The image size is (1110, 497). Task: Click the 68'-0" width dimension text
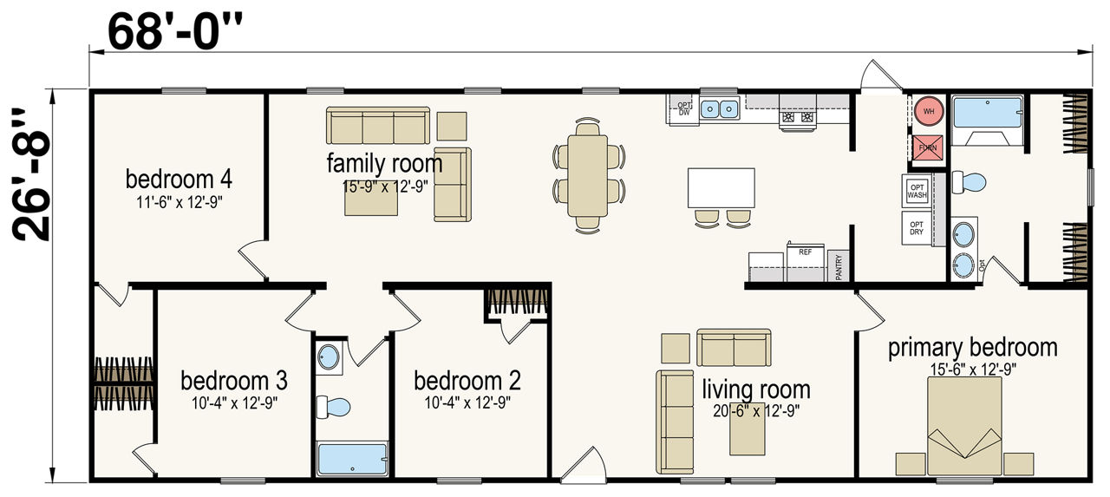tap(175, 31)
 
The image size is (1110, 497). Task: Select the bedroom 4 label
tap(179, 180)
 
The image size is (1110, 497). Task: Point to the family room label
tap(384, 164)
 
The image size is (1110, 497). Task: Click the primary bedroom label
tap(973, 348)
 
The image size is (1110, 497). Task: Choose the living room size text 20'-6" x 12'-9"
tap(756, 411)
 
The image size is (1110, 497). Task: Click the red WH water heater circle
tap(929, 111)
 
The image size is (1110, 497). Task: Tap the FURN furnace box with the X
tap(928, 147)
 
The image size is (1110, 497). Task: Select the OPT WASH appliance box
tap(917, 191)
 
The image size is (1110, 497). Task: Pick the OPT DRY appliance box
tap(917, 228)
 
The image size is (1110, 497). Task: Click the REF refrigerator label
tap(806, 252)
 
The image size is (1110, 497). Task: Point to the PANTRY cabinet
tap(838, 266)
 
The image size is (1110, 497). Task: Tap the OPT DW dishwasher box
tap(684, 109)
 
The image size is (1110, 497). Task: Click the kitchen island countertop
tap(721, 188)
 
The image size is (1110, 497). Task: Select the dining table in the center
tap(588, 176)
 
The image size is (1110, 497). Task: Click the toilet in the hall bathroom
tap(333, 407)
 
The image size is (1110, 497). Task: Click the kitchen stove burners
tap(797, 117)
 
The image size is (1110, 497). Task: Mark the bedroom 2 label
tap(467, 381)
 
